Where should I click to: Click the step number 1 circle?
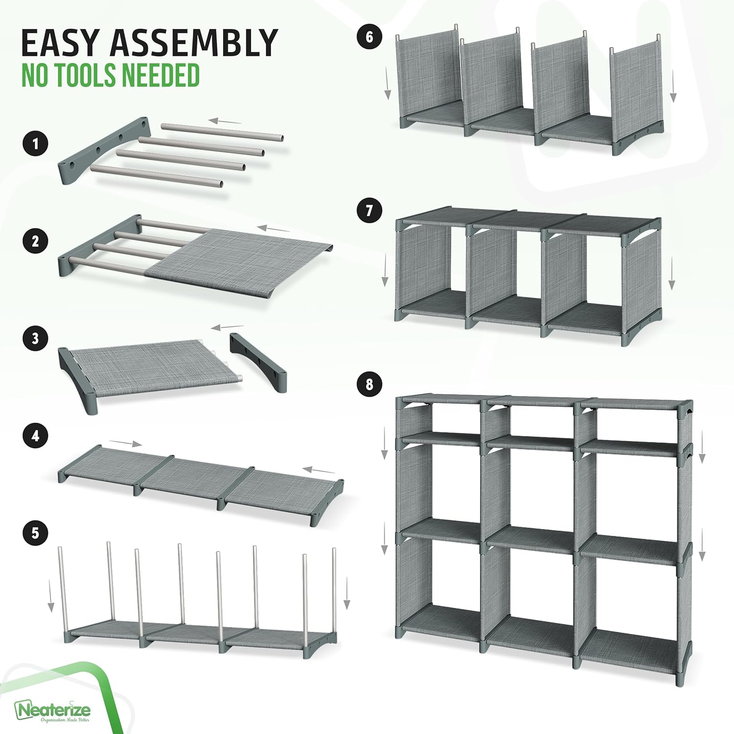[35, 144]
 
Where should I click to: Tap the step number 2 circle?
[35, 241]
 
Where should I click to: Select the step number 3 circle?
[35, 338]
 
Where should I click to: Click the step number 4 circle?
[35, 436]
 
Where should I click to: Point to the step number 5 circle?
[35, 533]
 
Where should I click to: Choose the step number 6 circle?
[369, 37]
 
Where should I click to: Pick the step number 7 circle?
[369, 210]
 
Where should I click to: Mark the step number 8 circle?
[369, 384]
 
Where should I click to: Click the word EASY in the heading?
[59, 43]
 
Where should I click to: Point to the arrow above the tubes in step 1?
[225, 121]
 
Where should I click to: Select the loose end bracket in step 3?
[258, 362]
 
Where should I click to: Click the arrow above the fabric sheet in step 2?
[274, 228]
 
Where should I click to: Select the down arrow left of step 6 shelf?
[388, 84]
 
